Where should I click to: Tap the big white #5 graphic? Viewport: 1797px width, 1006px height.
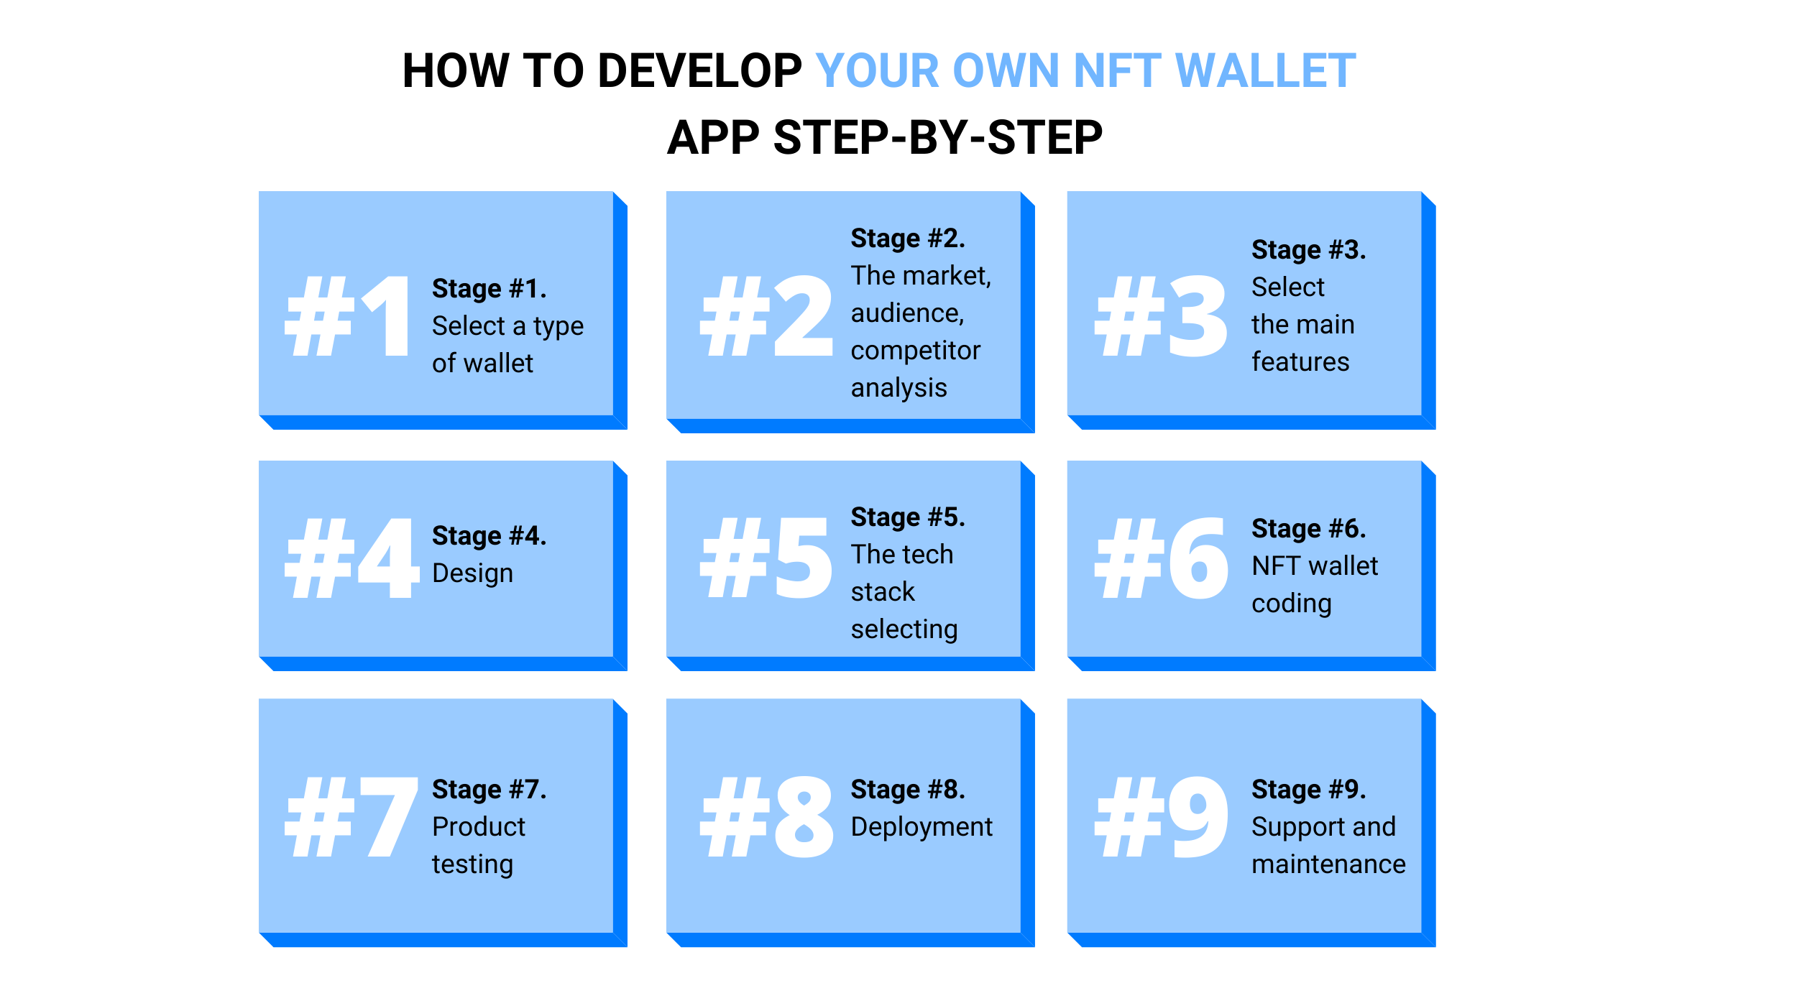click(766, 558)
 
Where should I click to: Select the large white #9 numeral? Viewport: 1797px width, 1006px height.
click(1161, 816)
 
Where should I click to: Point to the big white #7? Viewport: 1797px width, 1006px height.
click(351, 816)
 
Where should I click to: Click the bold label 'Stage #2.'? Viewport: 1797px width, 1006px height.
click(908, 239)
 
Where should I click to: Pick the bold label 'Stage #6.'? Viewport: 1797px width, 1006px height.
click(1308, 529)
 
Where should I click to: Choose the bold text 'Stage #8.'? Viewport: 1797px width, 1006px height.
click(908, 790)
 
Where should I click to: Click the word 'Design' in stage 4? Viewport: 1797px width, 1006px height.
click(472, 573)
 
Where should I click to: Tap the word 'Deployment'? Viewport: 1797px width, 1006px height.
click(922, 828)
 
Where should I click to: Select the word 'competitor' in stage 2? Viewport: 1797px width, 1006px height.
click(916, 351)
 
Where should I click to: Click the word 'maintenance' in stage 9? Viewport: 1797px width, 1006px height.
click(1328, 864)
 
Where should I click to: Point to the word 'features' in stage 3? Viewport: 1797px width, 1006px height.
click(1300, 361)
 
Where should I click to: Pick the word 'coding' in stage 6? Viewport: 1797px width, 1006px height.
click(1292, 604)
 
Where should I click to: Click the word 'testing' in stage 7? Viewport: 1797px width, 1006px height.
click(472, 864)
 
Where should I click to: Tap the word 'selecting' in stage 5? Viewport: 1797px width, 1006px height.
click(904, 630)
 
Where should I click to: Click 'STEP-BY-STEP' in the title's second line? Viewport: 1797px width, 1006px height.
click(937, 137)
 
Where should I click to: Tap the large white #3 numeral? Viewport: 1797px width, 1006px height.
click(1161, 316)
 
